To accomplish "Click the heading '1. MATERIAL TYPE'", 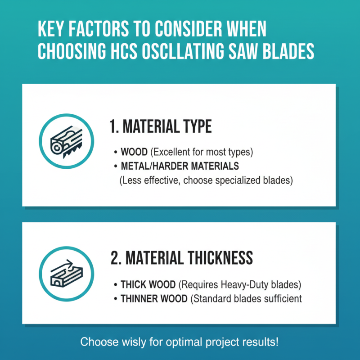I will [x=161, y=127].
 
